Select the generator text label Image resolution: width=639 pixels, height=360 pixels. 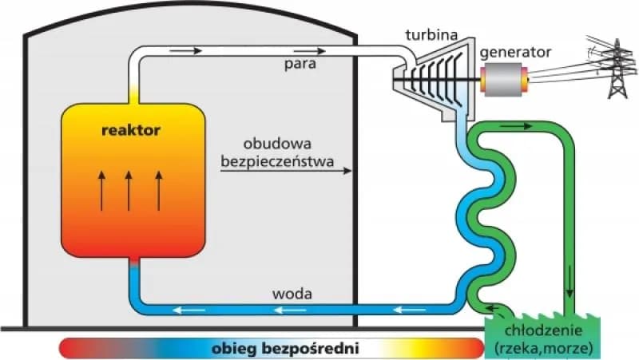point(515,52)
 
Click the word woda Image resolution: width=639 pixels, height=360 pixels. point(292,294)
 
